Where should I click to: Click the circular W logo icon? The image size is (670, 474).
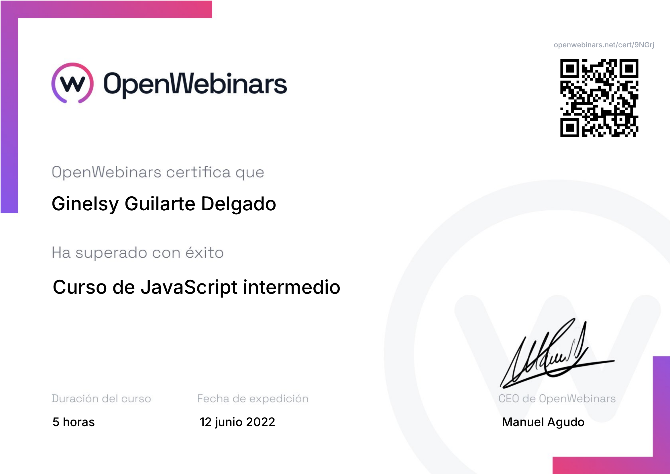72,83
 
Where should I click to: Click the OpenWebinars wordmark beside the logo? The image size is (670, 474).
195,85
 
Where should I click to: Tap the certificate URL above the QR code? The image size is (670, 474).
604,45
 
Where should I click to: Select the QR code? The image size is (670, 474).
599,98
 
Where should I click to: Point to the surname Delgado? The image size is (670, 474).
238,204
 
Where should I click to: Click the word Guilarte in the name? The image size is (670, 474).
160,203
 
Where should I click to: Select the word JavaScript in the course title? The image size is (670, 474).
189,287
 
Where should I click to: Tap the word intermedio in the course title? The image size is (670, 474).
292,287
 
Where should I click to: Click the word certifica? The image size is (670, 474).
199,172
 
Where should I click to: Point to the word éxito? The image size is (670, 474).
205,252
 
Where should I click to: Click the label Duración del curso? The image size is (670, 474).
101,399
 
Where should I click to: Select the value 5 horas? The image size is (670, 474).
74,422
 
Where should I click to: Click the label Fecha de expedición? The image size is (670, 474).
253,399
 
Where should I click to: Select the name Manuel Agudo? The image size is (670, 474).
543,422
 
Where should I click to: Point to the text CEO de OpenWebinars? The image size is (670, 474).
557,399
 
